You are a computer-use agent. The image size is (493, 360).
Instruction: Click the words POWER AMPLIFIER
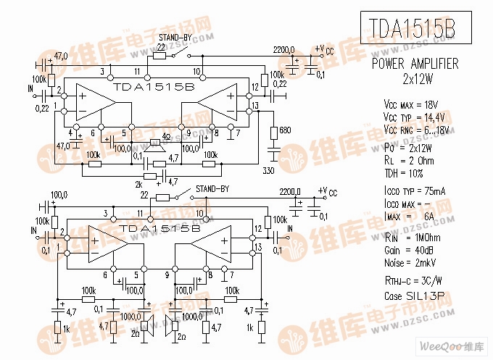coord(415,64)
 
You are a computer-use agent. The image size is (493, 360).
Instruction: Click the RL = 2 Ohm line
coord(409,161)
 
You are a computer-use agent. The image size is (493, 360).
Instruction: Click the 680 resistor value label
coord(284,130)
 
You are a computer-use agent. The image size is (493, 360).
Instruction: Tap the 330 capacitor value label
coord(268,170)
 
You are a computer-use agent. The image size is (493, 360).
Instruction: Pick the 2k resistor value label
coord(139,184)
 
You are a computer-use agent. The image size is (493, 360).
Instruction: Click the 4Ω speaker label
coord(167,135)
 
